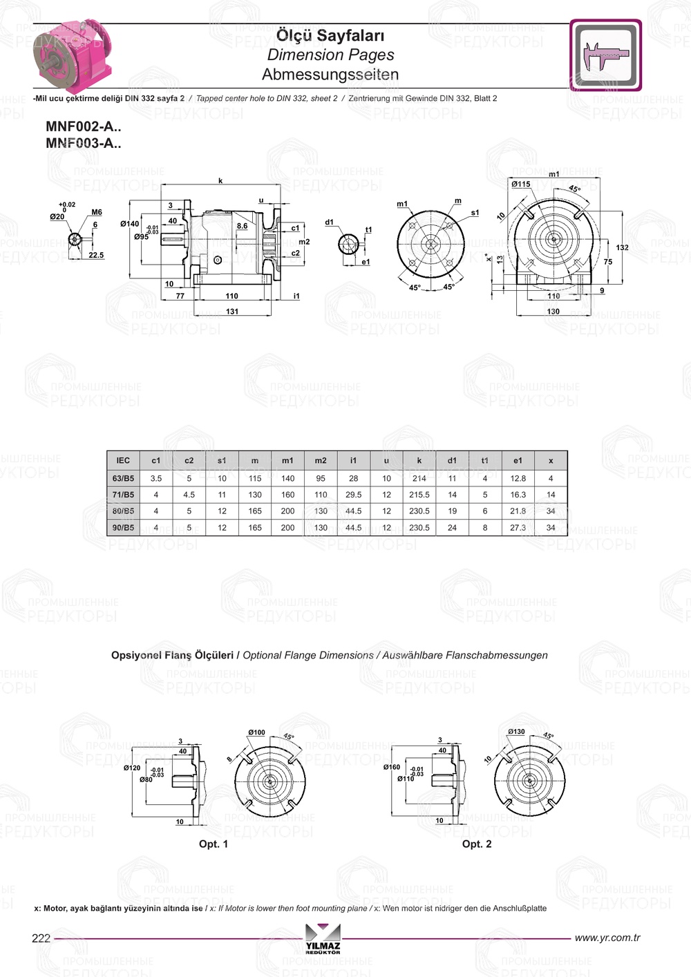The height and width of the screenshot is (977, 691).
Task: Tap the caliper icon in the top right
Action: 605,55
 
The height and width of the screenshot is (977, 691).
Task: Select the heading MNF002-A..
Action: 83,126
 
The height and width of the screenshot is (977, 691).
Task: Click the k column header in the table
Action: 419,461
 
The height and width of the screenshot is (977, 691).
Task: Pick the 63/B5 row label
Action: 123,478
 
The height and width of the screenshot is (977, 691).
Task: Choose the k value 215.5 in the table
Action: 419,495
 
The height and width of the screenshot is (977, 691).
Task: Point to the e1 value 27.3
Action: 518,528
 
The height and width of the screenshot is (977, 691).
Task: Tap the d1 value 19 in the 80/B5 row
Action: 452,511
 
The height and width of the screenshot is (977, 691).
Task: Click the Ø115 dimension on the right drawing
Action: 521,184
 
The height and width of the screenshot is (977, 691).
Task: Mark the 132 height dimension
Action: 622,247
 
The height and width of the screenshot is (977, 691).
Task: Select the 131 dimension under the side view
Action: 232,312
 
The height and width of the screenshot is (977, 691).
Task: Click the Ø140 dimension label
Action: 129,224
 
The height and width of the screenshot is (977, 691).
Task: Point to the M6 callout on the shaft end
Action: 97,213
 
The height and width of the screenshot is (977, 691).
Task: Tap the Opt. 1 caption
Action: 213,844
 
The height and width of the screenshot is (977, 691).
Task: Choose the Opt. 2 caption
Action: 477,844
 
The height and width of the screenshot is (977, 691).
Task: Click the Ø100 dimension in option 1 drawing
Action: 256,732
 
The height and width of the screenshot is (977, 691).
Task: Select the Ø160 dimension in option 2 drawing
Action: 392,767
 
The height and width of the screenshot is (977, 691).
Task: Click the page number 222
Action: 41,938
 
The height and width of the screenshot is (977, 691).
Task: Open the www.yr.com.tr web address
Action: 607,938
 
